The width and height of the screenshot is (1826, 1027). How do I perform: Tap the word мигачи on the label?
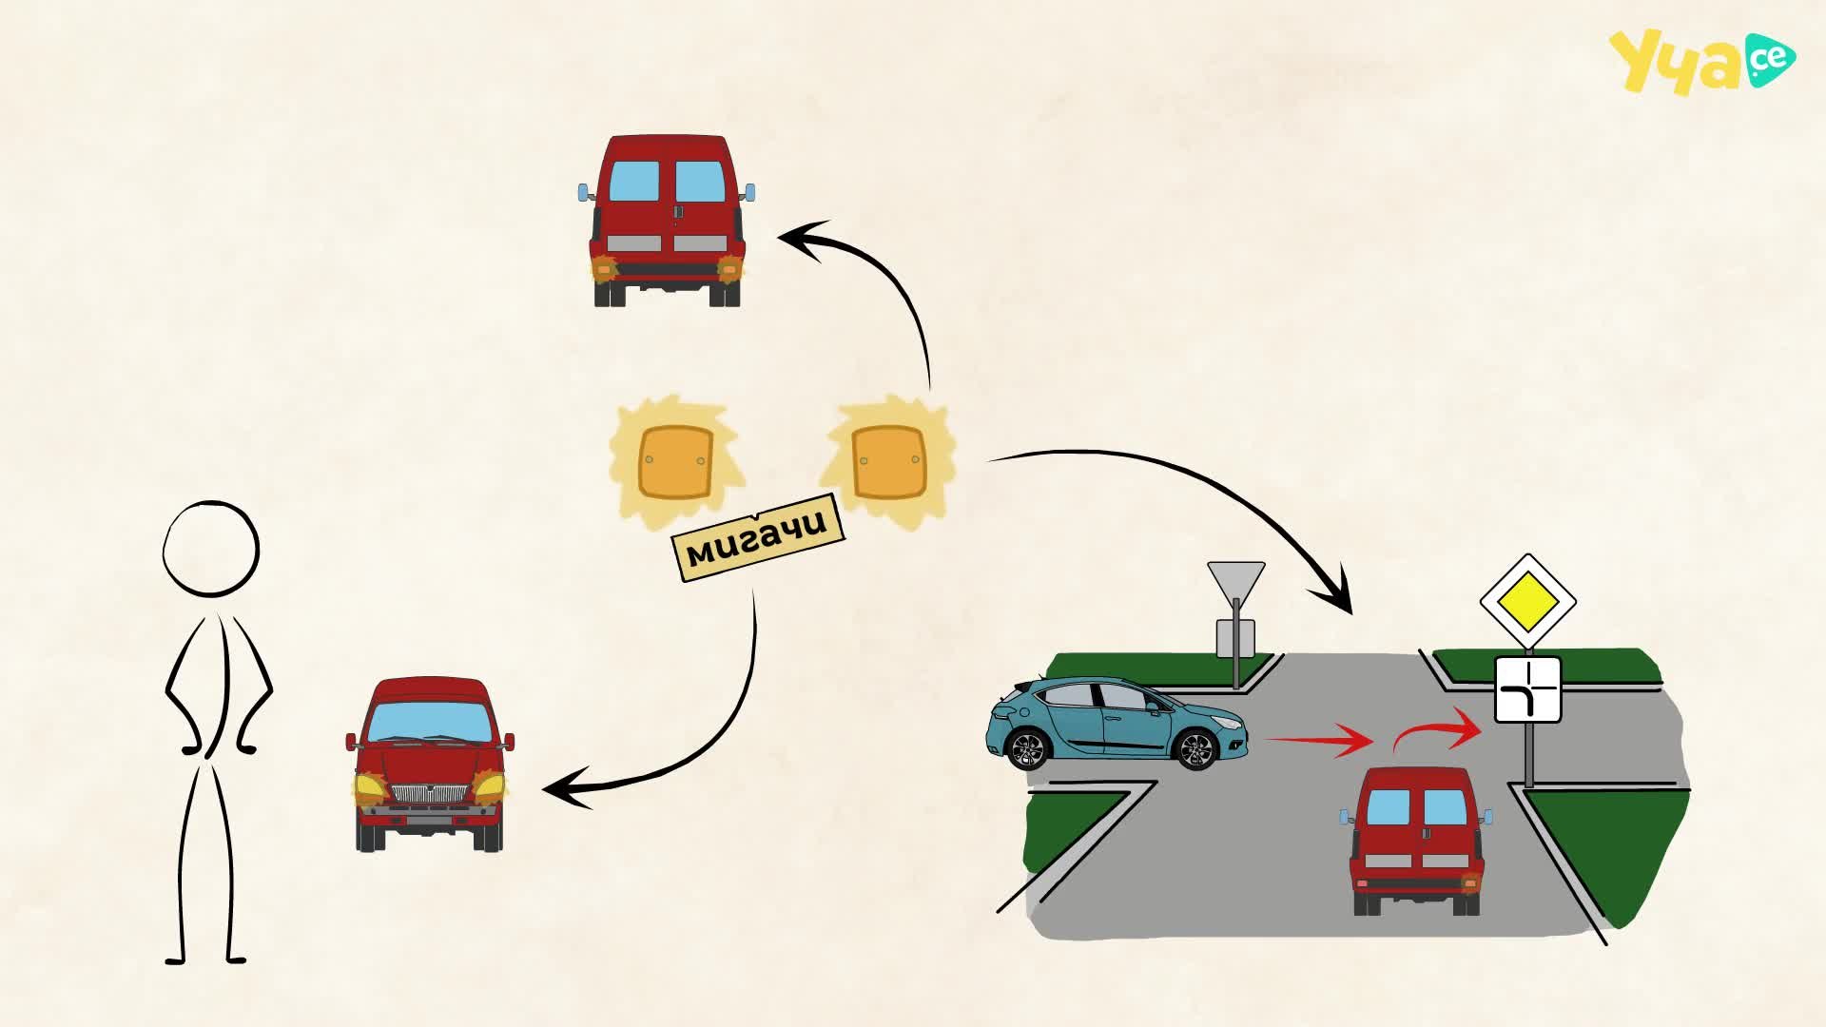point(757,538)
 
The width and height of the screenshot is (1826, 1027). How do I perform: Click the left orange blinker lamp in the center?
point(676,462)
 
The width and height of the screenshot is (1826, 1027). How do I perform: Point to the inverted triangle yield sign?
point(1236,581)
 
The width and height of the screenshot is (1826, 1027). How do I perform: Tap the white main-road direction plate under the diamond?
point(1527,689)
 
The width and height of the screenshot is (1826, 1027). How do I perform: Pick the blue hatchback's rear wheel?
point(1027,748)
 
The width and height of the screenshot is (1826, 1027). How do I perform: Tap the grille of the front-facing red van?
point(431,794)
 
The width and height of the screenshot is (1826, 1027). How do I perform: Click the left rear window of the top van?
point(633,182)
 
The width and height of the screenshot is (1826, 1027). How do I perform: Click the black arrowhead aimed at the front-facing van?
point(566,789)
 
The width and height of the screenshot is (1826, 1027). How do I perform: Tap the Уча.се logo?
point(1701,62)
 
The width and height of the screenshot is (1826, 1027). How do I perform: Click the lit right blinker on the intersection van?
point(1470,883)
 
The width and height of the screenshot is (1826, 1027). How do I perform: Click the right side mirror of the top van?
point(750,193)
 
